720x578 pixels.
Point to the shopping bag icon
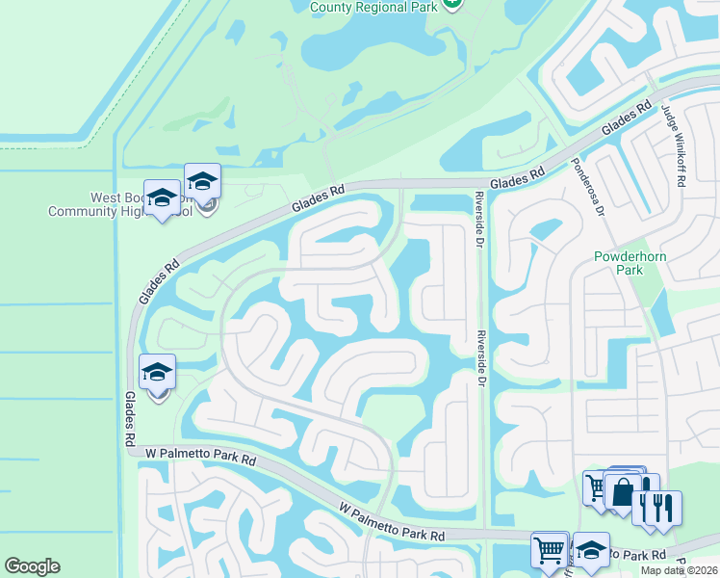pos(623,491)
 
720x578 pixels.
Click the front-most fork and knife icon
pos(663,508)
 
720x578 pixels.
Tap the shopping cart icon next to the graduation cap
pos(549,550)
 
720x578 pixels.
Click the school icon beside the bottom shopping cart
pos(591,550)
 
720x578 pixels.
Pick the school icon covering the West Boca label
pos(162,198)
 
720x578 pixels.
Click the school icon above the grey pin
pos(202,181)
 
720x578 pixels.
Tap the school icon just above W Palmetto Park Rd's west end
pos(158,372)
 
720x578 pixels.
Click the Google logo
pos(32,566)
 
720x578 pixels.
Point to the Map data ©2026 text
pos(678,570)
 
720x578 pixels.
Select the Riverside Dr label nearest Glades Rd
pos(477,220)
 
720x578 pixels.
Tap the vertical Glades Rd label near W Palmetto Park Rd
pos(129,418)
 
